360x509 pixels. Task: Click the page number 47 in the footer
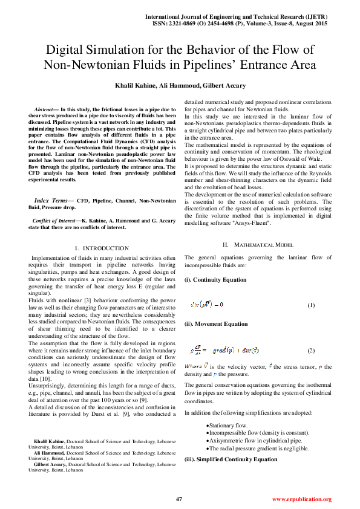tap(179, 499)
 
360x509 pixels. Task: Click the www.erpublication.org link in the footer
tap(301, 499)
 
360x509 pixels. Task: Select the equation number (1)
tap(311, 305)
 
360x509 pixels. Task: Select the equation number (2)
tap(311, 351)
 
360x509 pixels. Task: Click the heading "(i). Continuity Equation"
tap(215, 280)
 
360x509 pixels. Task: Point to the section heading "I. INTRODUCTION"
tap(101, 248)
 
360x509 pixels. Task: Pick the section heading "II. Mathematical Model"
tap(258, 245)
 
